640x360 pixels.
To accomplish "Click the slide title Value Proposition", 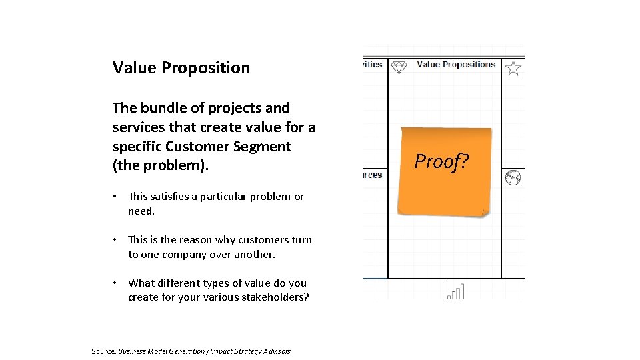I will (x=181, y=67).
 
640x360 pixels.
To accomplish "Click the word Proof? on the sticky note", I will (x=441, y=161).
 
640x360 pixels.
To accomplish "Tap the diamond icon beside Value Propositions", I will (x=399, y=67).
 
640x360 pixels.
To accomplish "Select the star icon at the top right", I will (x=513, y=67).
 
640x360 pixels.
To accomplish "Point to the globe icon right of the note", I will (x=513, y=177).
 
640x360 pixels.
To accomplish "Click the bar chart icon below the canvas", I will (x=455, y=291).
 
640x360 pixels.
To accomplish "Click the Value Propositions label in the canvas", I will (x=456, y=65).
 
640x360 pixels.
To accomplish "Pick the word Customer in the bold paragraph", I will (x=195, y=146).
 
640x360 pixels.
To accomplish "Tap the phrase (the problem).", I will (x=161, y=165).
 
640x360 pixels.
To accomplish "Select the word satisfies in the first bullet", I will (x=174, y=196).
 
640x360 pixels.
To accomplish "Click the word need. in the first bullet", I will (x=141, y=211).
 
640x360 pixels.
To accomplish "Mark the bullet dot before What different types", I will (x=115, y=283).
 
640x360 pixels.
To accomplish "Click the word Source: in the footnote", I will (x=104, y=351).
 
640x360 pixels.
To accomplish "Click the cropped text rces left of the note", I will (x=373, y=175).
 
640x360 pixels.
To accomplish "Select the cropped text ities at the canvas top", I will (x=373, y=65).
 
